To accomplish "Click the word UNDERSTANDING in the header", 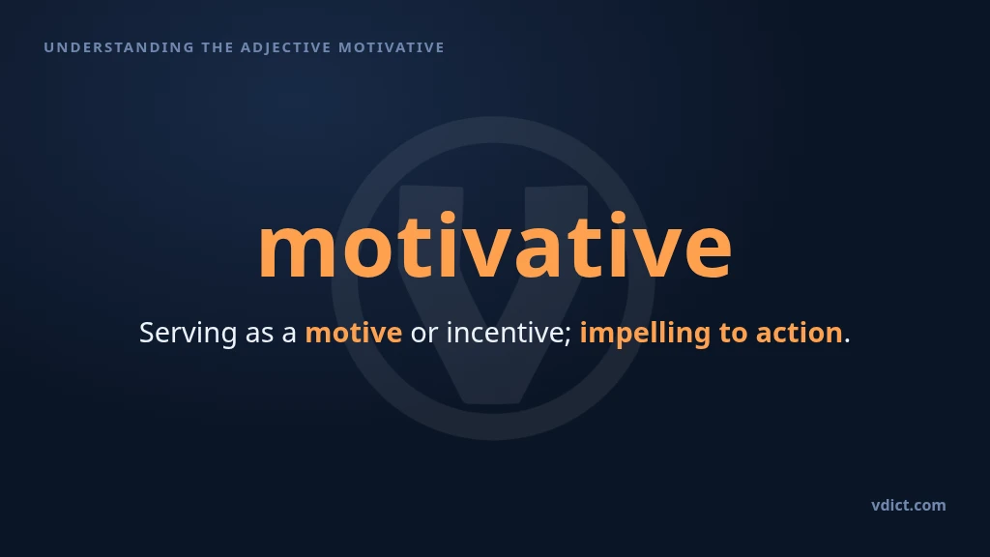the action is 119,47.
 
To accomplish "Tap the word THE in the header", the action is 218,47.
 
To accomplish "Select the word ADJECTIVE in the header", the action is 285,47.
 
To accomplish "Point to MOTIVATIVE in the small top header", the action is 392,47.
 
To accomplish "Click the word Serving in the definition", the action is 189,333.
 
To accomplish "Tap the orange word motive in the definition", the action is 354,333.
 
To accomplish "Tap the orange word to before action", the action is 733,334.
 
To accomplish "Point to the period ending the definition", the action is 847,341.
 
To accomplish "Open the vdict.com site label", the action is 909,505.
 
